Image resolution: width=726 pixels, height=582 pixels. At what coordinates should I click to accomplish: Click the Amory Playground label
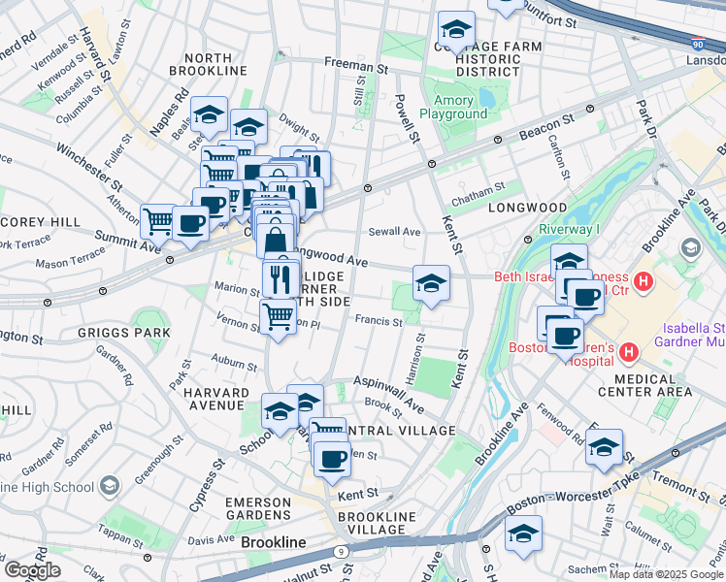453,107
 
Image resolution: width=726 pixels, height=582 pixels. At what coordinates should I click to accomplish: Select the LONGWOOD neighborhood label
527,208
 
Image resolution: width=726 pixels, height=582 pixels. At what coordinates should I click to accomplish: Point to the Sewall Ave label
394,232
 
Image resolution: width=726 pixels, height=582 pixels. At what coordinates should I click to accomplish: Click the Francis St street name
379,321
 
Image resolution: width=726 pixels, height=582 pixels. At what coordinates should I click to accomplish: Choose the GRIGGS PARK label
124,333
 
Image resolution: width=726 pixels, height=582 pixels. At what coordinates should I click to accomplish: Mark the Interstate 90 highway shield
699,43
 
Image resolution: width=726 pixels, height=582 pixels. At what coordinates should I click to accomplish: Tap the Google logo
32,570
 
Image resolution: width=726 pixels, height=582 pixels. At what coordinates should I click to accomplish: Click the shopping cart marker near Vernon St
279,316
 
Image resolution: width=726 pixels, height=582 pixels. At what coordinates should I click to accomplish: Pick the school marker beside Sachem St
523,533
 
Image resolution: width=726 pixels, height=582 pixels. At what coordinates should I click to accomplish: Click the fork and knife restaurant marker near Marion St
280,279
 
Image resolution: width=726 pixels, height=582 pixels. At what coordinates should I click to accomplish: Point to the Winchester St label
89,167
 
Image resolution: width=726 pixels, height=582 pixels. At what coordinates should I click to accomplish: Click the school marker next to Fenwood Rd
604,448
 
